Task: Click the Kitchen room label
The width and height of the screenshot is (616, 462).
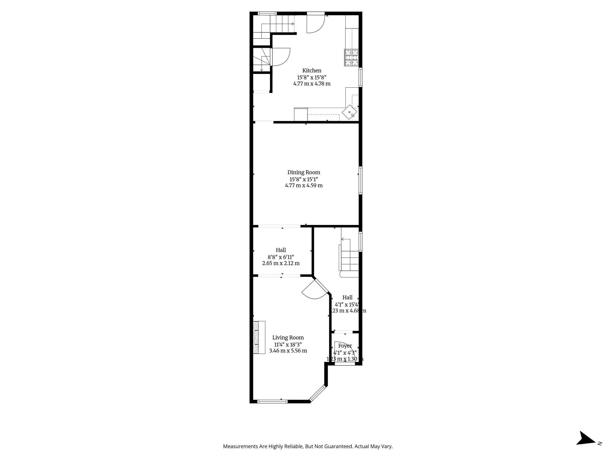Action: coord(312,71)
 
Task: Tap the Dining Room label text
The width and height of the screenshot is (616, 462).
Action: coord(304,172)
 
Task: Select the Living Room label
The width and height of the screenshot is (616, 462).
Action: coord(288,338)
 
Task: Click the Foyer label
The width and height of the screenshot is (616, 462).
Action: coord(345,346)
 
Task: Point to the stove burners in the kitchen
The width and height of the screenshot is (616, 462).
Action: coord(351,58)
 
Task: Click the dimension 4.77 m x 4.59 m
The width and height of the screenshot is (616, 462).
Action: coord(304,186)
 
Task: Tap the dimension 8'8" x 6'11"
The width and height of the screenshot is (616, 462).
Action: coord(281,257)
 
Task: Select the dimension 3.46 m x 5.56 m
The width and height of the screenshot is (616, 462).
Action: coord(288,351)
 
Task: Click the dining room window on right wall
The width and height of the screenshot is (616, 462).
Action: coord(360,180)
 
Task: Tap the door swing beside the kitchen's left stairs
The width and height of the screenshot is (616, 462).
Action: coord(281,57)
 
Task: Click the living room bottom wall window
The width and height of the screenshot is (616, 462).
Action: coord(272,401)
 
